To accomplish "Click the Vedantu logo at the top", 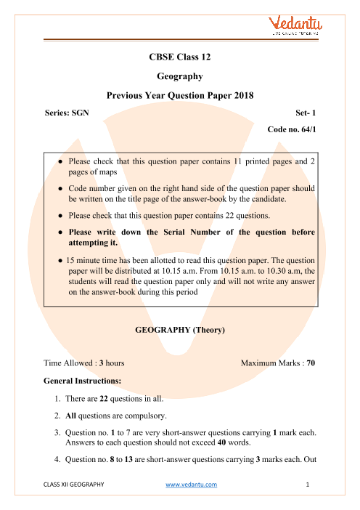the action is [x=295, y=25].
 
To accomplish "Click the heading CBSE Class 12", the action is [x=180, y=57].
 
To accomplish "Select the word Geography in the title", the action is [x=180, y=76].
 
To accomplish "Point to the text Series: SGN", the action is [x=67, y=113].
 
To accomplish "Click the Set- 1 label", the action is [x=306, y=113].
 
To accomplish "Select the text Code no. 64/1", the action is [x=292, y=129].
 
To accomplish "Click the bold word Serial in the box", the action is [x=174, y=232].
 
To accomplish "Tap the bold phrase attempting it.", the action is [x=93, y=243].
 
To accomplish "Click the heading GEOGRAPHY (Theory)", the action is [x=180, y=330].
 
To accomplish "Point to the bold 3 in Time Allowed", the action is [x=102, y=363].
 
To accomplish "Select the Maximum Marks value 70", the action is [x=311, y=363].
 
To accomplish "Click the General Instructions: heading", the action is [x=83, y=381].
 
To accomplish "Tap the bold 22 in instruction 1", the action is [x=104, y=399].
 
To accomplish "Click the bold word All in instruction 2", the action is [x=70, y=416].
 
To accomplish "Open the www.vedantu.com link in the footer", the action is [x=192, y=485].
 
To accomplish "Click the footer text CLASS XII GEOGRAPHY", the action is [x=74, y=485].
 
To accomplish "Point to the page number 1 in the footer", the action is [x=308, y=485].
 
